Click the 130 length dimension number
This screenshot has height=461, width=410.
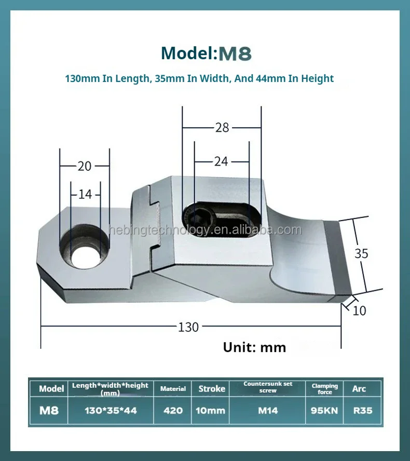click(188, 327)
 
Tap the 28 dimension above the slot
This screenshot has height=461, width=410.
click(222, 128)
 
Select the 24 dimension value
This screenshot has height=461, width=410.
click(221, 161)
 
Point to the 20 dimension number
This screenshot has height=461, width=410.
click(85, 166)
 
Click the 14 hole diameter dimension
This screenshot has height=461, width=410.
click(85, 194)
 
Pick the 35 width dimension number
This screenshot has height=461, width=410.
click(361, 253)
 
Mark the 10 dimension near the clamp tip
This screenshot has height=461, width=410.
click(359, 311)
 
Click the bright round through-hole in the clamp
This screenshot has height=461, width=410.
click(86, 257)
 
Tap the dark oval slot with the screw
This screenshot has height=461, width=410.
click(221, 219)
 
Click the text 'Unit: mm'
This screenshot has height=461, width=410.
click(254, 347)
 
